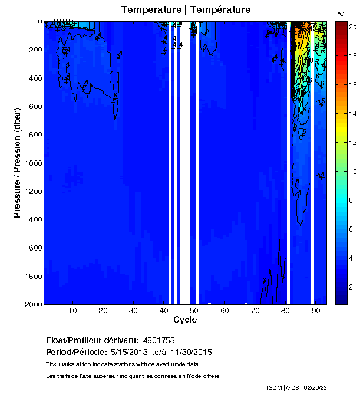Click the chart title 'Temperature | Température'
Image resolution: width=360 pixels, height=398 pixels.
[186, 10]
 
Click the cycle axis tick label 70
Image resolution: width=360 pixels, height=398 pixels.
[255, 311]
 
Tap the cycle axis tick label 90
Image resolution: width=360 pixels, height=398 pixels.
[316, 311]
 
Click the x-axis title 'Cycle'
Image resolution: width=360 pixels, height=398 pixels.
[181, 320]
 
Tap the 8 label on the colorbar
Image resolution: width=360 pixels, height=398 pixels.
[351, 200]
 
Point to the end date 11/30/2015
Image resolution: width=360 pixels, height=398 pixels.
[191, 353]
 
